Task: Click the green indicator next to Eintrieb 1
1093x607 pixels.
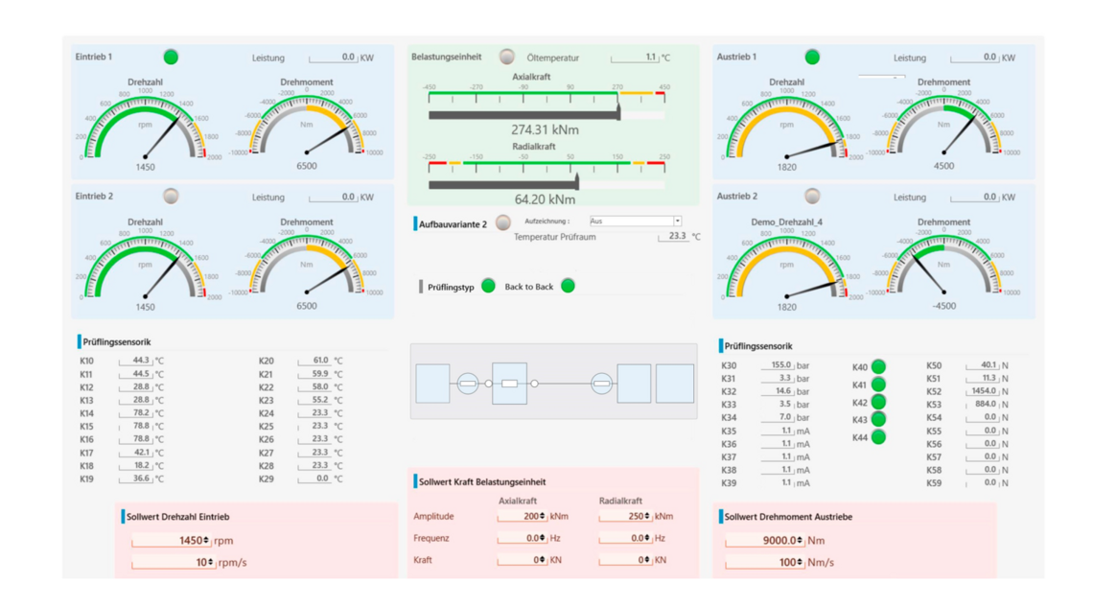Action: [171, 57]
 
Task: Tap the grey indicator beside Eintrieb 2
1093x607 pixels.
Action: [171, 196]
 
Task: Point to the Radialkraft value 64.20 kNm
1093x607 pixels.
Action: [545, 199]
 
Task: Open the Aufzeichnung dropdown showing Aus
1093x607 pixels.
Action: [635, 222]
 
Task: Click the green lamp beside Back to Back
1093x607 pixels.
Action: [568, 286]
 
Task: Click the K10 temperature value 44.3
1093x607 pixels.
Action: [136, 361]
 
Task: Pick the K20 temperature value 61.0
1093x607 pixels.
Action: [315, 361]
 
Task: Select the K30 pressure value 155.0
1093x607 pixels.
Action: [777, 365]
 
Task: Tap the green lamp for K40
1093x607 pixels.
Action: [878, 366]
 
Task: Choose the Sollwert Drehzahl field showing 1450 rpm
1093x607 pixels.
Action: [171, 541]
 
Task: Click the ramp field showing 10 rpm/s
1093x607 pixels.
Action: [171, 562]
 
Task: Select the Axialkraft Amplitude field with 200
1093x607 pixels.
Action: [522, 516]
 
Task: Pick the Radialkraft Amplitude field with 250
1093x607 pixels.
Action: [625, 516]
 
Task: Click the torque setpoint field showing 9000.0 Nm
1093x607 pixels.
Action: [764, 541]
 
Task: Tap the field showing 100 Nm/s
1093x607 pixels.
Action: [764, 562]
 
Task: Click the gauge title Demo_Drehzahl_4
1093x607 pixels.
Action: [786, 222]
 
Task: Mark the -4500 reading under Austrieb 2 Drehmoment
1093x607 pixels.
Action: [943, 307]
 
